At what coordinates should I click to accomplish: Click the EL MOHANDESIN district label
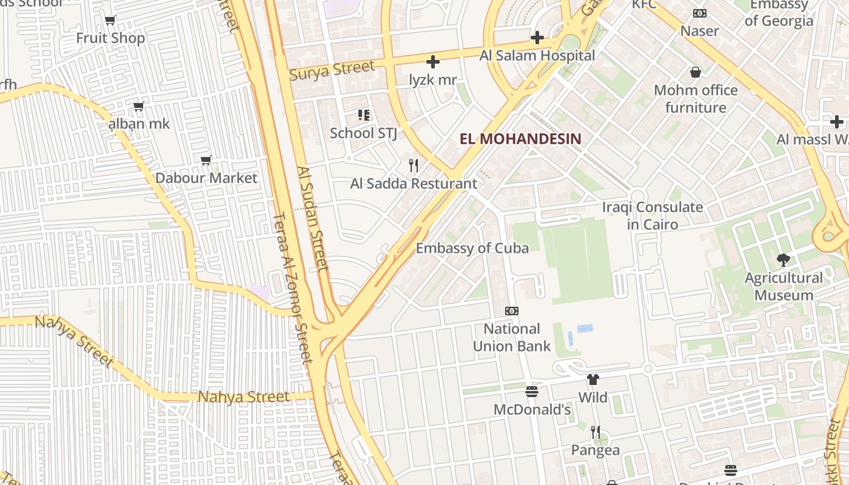pos(520,139)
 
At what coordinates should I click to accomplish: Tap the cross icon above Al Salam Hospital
pos(537,38)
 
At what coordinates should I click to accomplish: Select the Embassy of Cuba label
pos(472,248)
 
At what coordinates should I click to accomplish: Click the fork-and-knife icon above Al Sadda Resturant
pos(414,165)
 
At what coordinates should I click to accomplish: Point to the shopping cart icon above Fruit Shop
pos(110,21)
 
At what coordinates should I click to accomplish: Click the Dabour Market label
pos(206,178)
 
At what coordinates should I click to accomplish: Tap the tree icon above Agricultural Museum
pos(783,260)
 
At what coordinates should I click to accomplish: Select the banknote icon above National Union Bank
pos(512,311)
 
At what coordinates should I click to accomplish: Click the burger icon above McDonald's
pos(532,392)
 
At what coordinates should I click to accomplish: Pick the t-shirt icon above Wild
pos(592,380)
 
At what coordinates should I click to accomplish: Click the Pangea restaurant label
pos(596,450)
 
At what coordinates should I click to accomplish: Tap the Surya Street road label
pos(332,70)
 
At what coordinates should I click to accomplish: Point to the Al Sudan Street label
pos(313,218)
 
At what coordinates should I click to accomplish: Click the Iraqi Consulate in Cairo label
pos(653,216)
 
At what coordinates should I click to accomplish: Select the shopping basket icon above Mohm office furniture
pos(696,73)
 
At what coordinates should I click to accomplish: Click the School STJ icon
pos(364,115)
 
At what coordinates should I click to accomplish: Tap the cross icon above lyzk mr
pos(433,62)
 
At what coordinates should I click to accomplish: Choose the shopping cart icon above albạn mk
pos(139,107)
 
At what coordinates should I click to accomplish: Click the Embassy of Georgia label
pos(779,13)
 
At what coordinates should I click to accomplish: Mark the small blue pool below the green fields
pos(585,328)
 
